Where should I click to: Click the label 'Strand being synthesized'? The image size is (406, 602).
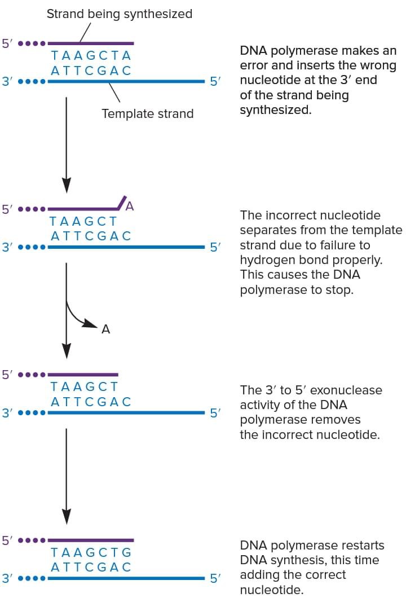pos(119,14)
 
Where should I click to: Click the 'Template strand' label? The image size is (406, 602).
pos(147,113)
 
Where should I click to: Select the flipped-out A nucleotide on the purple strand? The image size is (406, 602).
pos(130,206)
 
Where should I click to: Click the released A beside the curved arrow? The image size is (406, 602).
pos(105,329)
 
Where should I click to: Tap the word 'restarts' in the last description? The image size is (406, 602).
pos(361,546)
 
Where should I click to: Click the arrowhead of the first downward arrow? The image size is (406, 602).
pos(67,184)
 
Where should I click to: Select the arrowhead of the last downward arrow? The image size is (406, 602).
pos(67,516)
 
